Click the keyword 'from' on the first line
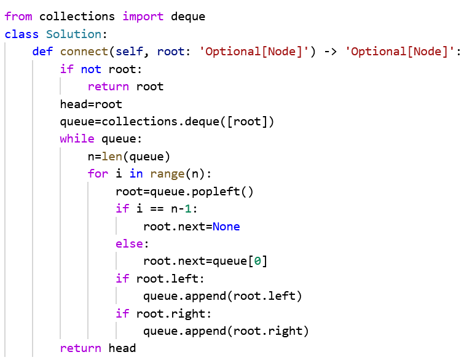[x=18, y=17]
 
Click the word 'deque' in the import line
[x=187, y=17]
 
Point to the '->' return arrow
[x=330, y=52]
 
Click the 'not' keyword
[x=91, y=69]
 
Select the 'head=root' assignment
[x=91, y=104]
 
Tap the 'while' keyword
[x=77, y=139]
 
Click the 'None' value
[x=226, y=227]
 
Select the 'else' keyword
[x=129, y=244]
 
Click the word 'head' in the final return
[x=122, y=348]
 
